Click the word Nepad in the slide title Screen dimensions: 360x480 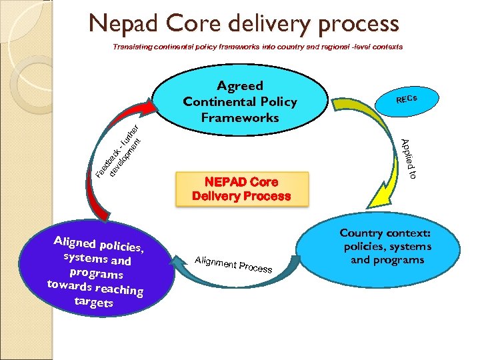point(126,24)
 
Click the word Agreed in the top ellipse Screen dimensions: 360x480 point(240,85)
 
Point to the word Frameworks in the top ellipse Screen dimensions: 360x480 point(240,117)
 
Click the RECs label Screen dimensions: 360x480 point(406,100)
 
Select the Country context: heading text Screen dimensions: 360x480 point(385,233)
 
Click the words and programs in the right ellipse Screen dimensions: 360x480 point(387,259)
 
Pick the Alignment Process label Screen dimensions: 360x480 point(234,264)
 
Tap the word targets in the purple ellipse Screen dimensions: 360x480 point(94,302)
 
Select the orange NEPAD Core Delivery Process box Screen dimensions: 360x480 point(241,189)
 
